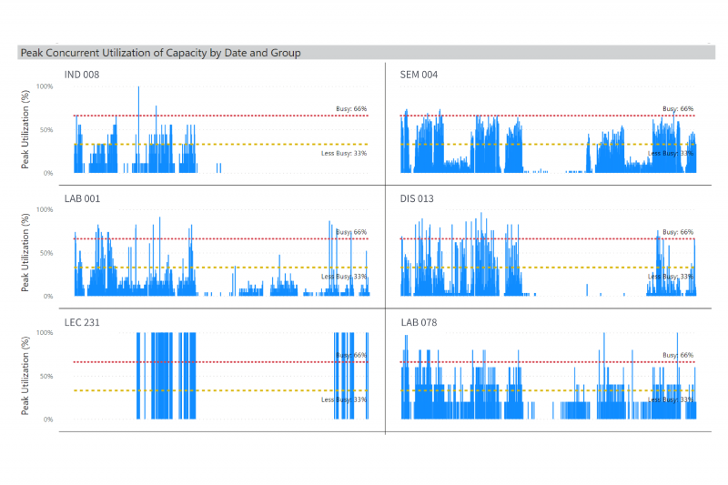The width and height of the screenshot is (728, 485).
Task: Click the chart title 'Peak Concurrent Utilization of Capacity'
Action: tap(160, 53)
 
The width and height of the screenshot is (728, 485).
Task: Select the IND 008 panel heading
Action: tap(80, 75)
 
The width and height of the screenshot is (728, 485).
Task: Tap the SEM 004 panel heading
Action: tap(419, 75)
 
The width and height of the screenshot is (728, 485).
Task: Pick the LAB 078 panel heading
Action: tap(419, 322)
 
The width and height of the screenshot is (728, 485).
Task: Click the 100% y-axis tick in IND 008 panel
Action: tap(45, 86)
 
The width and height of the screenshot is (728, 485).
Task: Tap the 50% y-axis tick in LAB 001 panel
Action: tap(46, 253)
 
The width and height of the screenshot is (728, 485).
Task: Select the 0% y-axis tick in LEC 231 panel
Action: tap(48, 419)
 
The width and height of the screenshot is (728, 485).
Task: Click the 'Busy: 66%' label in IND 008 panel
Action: tap(351, 108)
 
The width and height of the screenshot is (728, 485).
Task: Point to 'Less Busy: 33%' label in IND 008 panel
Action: tap(344, 153)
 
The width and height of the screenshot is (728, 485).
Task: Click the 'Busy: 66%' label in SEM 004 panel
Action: tap(678, 108)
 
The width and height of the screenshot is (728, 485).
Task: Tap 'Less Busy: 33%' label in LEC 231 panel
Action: tap(344, 399)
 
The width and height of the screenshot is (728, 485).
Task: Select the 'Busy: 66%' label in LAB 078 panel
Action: tap(678, 355)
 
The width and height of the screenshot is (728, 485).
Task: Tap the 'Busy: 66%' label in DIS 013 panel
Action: tap(678, 232)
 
